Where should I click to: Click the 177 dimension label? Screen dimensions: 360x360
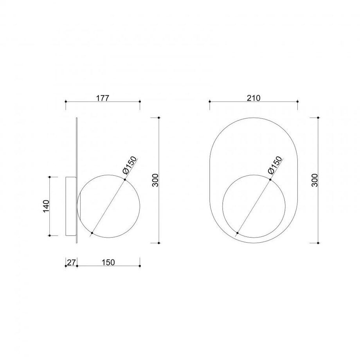[x=103, y=98]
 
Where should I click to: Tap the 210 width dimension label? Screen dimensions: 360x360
[x=254, y=98]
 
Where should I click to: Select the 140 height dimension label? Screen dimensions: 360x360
[x=46, y=206]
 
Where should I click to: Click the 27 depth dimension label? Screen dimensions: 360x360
[x=71, y=262]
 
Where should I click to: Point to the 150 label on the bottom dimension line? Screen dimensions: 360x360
[x=108, y=262]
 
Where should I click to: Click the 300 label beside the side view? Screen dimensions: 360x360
[x=155, y=180]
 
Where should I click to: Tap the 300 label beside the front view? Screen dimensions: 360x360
[x=315, y=180]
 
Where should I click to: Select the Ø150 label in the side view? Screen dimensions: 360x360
[x=130, y=165]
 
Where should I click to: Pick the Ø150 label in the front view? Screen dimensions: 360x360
[x=275, y=165]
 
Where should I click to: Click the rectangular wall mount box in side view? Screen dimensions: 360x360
[x=71, y=206]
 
